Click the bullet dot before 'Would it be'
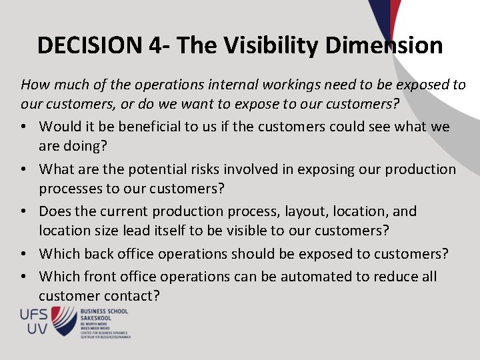click(25, 127)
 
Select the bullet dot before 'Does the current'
click(25, 212)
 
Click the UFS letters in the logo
click(34, 314)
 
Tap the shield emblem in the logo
click(64, 321)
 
